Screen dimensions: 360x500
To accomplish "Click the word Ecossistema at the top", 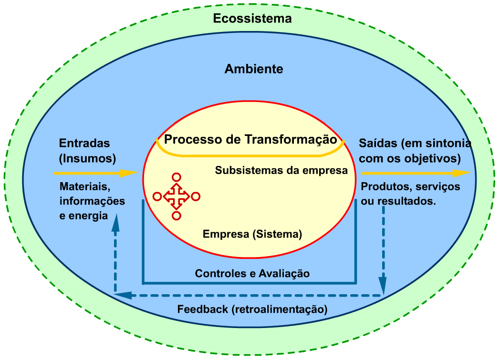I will [x=252, y=19].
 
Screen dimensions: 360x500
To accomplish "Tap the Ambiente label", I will [x=254, y=69].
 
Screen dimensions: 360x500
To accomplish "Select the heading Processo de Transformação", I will [x=250, y=140].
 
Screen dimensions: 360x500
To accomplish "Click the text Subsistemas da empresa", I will [x=281, y=170].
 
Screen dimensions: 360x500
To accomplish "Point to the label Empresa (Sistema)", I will [x=252, y=234].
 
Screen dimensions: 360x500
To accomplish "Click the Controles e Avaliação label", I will [x=252, y=273].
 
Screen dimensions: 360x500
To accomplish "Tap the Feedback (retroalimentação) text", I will [x=252, y=309].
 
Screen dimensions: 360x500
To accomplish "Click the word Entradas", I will [x=84, y=143].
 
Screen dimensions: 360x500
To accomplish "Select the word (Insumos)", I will [x=87, y=157].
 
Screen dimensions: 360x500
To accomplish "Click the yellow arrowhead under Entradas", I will [x=129, y=173].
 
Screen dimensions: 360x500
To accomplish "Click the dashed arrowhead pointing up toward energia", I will [x=115, y=224].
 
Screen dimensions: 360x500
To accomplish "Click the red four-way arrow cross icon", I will [x=176, y=196].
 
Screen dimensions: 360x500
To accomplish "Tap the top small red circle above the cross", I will [x=176, y=177].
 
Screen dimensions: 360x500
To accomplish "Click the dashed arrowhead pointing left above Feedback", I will [x=122, y=295].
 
